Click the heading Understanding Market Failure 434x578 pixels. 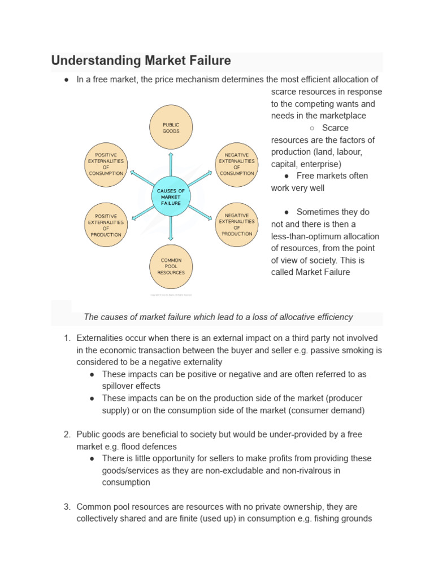[x=141, y=60]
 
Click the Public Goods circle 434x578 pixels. [x=171, y=127]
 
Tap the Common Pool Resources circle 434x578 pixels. [x=171, y=266]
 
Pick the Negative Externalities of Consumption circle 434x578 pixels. [x=236, y=164]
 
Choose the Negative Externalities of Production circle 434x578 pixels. [x=236, y=225]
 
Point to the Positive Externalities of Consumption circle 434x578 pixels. [x=106, y=164]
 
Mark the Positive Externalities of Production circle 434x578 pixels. [x=106, y=225]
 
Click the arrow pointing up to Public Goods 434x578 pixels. [x=171, y=165]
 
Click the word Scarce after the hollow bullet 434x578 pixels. [x=335, y=128]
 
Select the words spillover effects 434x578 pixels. [x=131, y=386]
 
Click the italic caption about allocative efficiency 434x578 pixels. [x=218, y=317]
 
